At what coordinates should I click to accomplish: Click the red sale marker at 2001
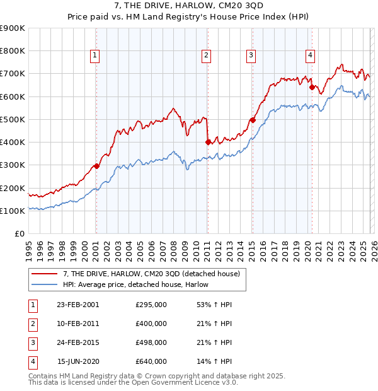(96, 166)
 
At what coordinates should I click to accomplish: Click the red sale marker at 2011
(207, 143)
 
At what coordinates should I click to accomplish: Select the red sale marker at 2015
(252, 120)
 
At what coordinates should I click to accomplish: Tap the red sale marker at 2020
(311, 88)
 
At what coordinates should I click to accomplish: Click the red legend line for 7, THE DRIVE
(45, 274)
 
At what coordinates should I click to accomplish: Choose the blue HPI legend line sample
(45, 285)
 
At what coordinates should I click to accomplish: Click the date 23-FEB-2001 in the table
(77, 305)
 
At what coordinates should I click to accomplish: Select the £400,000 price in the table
(151, 324)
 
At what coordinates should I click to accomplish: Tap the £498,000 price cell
(151, 343)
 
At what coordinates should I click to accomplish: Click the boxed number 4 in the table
(33, 362)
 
